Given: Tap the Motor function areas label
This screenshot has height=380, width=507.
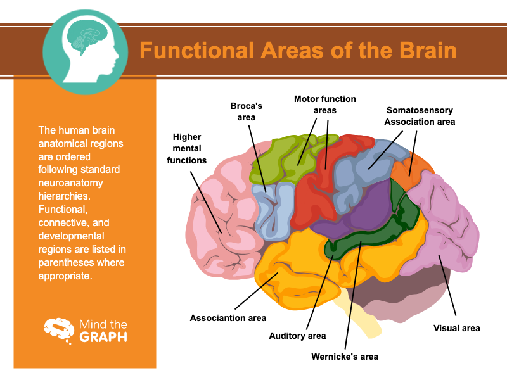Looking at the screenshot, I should [324, 104].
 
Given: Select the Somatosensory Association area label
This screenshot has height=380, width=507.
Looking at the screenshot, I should [420, 116].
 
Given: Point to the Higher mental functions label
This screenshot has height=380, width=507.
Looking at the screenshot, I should [187, 148].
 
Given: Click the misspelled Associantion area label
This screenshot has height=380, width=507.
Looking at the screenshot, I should [228, 318].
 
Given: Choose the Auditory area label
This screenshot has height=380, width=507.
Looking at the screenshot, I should [298, 336].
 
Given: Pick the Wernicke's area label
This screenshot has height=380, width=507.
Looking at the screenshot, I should [345, 357].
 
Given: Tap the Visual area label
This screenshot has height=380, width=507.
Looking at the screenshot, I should [457, 328].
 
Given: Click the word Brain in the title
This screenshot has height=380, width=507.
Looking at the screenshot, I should [424, 50].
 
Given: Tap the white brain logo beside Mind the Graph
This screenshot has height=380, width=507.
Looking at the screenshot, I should [59, 330].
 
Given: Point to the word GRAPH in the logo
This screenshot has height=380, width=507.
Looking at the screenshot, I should [103, 337].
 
